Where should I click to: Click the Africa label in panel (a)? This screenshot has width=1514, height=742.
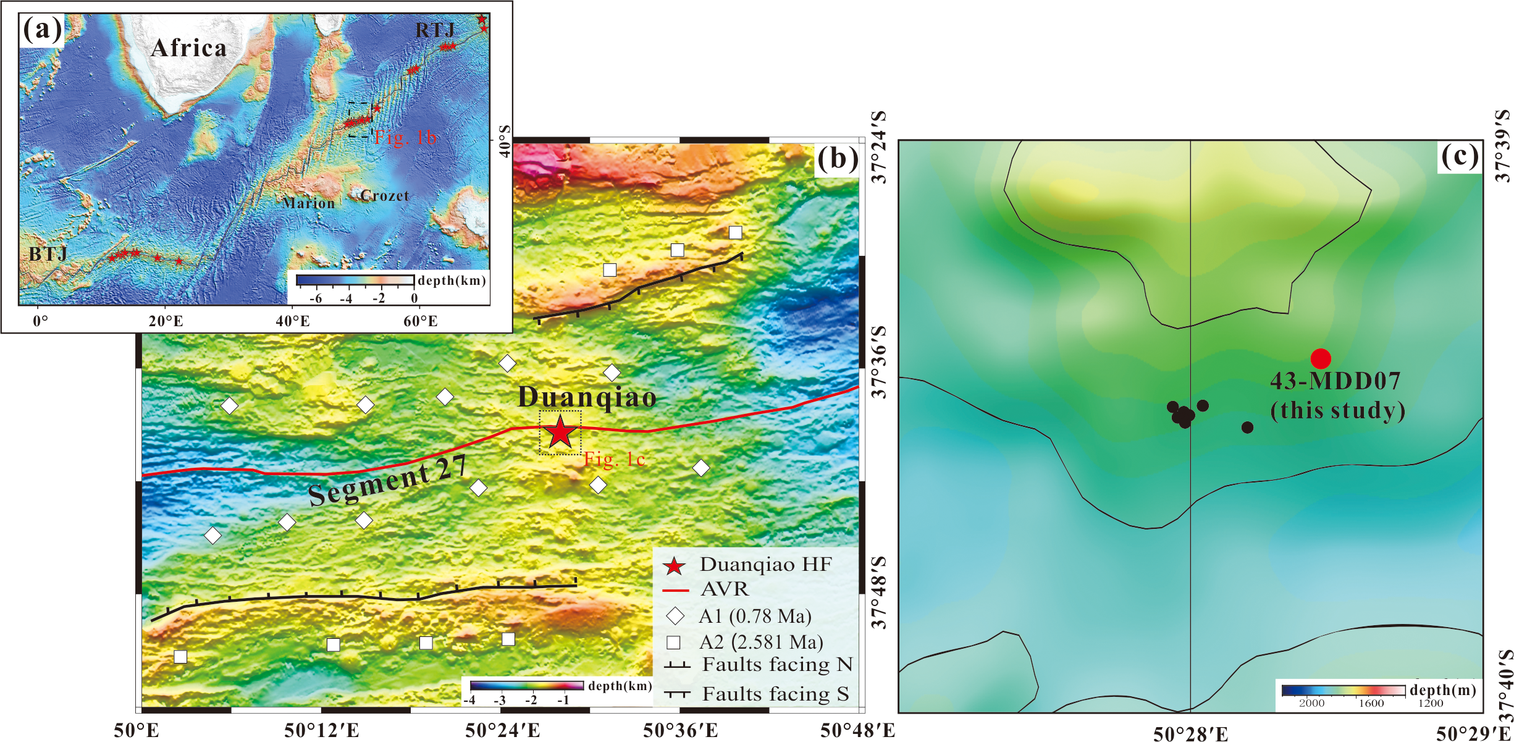188,48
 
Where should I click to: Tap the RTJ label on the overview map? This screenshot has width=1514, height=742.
435,30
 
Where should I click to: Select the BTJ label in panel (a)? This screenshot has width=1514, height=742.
48,254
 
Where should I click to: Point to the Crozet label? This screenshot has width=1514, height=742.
385,196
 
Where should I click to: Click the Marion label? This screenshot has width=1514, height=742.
309,203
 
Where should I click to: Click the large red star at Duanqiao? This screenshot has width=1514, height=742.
560,432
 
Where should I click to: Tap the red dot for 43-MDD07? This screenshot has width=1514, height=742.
1321,358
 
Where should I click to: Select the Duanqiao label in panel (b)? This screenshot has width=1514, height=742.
587,397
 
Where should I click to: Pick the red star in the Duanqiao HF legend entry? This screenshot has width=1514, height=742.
674,566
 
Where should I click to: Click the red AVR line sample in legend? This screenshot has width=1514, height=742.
675,591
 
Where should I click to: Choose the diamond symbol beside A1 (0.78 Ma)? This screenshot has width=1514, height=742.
675,616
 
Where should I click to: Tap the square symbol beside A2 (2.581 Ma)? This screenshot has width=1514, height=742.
674,643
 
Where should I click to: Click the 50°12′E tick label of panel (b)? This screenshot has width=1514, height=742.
321,731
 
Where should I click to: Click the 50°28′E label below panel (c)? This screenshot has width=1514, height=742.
1190,733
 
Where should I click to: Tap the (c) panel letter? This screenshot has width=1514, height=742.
1460,156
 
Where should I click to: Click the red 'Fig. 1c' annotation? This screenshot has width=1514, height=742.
615,459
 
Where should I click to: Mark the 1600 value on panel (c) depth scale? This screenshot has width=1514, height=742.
1371,703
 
